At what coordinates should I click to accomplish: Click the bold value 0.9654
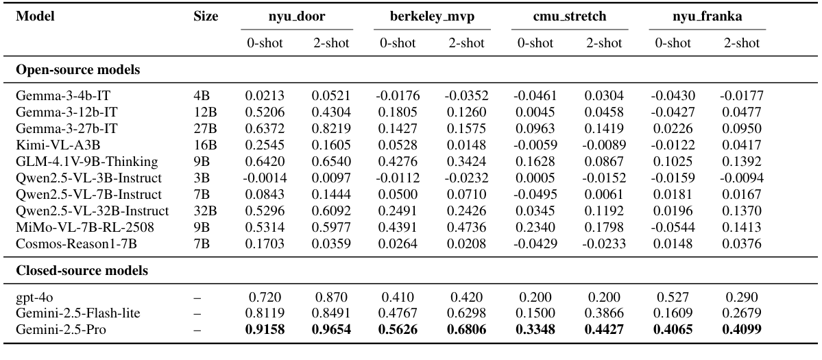(x=330, y=330)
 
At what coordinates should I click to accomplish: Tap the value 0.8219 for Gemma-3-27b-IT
(x=330, y=128)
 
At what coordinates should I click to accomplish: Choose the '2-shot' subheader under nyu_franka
(x=741, y=43)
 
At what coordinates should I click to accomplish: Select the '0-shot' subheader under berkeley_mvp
(x=398, y=43)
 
